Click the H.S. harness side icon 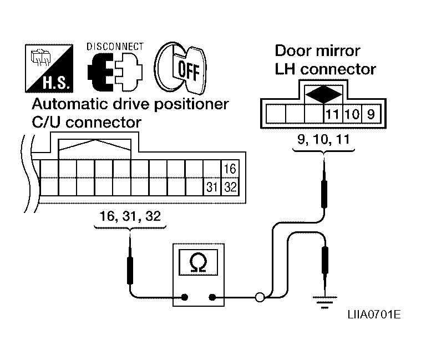[x=49, y=68]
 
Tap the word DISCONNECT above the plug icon [x=115, y=47]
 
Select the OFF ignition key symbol [x=180, y=68]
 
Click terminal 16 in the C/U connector [x=230, y=169]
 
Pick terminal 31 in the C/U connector [x=212, y=187]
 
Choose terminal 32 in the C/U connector [x=230, y=187]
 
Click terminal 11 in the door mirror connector [x=332, y=114]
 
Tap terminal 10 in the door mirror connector [x=352, y=114]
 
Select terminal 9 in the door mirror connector [x=371, y=114]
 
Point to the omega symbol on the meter [x=198, y=263]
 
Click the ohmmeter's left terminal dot [x=185, y=297]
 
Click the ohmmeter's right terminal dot [x=212, y=297]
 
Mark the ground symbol [x=324, y=302]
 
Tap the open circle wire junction [x=260, y=297]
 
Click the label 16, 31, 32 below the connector [x=130, y=216]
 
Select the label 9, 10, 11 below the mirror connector [x=323, y=139]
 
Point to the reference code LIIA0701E [x=374, y=315]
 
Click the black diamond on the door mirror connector [x=324, y=94]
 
